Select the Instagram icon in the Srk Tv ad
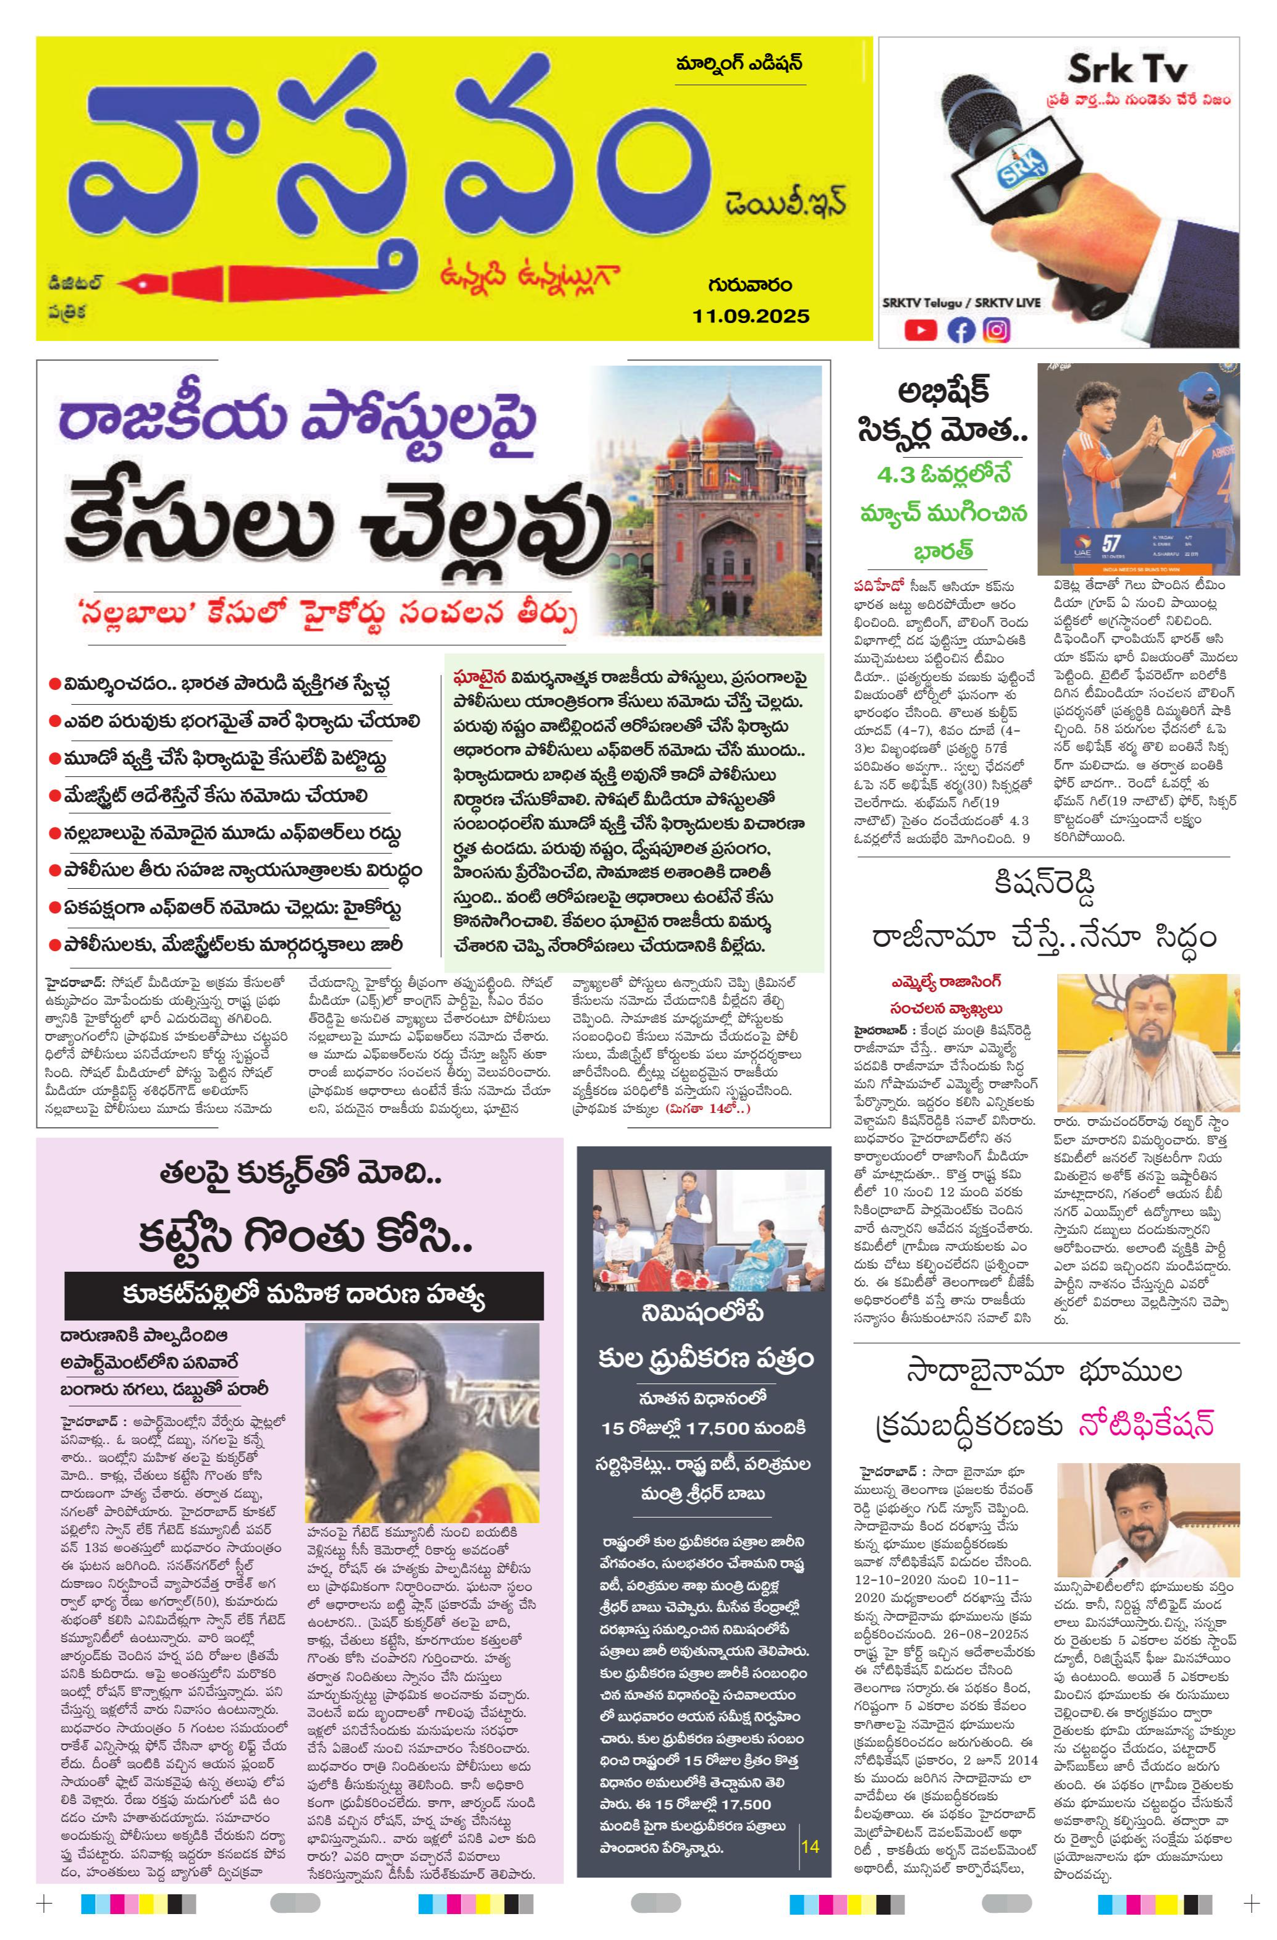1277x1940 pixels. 997,329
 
